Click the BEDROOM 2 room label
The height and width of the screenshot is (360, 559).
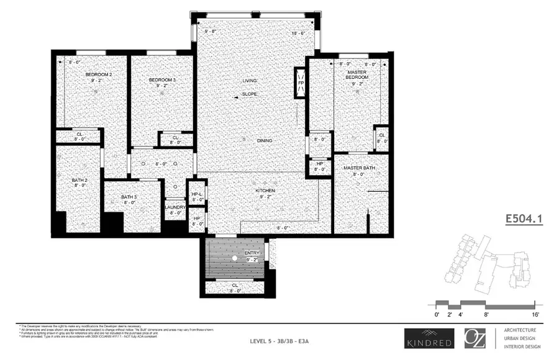99,74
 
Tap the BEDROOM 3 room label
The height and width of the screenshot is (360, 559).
162,81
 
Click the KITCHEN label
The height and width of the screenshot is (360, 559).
264,191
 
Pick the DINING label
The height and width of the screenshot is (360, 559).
265,141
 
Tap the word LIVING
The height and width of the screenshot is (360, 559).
250,81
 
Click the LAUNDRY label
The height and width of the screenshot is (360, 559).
175,207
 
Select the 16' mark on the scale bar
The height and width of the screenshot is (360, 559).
534,315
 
